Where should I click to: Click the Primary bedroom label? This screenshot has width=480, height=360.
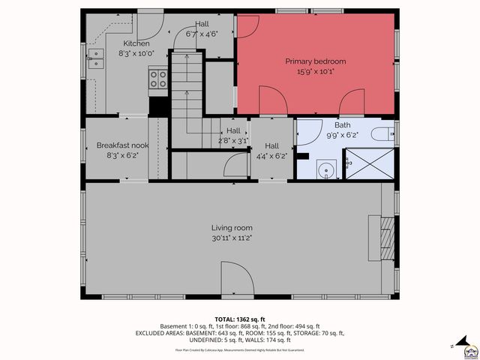click(x=315, y=61)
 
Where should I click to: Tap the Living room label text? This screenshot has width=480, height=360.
click(x=231, y=228)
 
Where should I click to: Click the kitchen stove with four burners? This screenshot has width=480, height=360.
click(x=157, y=78)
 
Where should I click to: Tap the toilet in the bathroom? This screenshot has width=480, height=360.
click(x=382, y=135)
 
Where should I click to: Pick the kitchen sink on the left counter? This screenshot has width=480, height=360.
click(x=95, y=62)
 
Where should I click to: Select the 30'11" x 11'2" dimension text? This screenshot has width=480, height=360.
click(x=231, y=238)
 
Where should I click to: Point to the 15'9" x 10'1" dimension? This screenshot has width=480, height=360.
click(x=315, y=72)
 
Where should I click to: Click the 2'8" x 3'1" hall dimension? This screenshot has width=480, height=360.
click(x=232, y=140)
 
